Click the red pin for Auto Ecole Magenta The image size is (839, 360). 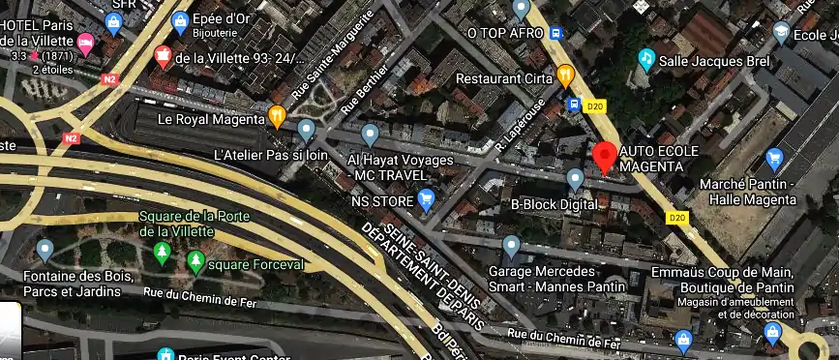coord(605,156)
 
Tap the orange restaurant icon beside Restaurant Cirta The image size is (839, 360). coord(566,74)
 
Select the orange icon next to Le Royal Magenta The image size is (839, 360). coord(278,115)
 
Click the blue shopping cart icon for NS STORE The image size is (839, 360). coord(426,200)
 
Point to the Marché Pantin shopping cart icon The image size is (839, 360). coord(773,158)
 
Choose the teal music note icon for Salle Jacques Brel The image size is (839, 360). coord(645,60)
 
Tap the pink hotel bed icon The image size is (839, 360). coord(85,42)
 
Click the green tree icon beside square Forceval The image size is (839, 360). coord(195,261)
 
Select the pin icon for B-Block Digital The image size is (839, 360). coord(575,179)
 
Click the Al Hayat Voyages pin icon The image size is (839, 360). coord(369,134)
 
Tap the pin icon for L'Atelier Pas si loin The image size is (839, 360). coord(307,129)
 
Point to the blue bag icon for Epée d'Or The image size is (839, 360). coord(179,20)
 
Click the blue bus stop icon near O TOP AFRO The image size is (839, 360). coord(556,32)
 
